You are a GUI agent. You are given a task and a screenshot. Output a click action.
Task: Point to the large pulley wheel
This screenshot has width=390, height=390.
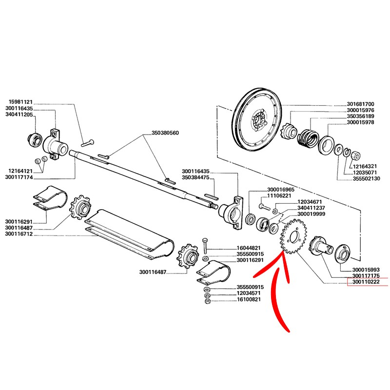point(256,119)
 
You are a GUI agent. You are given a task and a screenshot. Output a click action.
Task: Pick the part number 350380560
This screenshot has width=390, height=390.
point(165,133)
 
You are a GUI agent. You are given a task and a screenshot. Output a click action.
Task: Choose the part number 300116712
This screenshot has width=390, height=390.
point(20,234)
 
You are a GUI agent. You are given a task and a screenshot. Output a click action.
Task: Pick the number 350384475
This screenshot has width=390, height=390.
point(195,178)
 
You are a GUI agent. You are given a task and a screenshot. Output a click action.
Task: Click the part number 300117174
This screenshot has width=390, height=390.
point(20,177)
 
